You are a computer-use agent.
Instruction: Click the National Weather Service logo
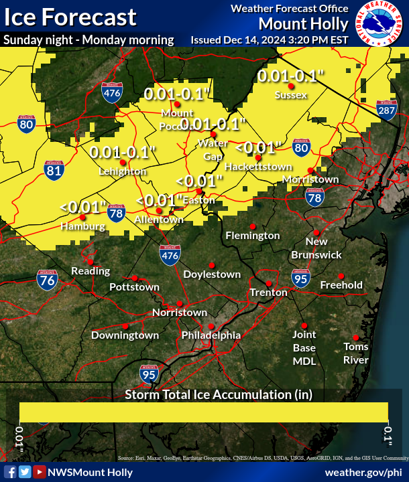pyautogui.click(x=379, y=25)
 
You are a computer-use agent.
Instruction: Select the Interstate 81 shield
pyautogui.click(x=54, y=170)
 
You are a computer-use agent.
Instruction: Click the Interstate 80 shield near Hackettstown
pyautogui.click(x=302, y=148)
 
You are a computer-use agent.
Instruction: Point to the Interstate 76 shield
pyautogui.click(x=47, y=280)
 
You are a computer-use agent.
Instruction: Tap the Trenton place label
pyautogui.click(x=268, y=293)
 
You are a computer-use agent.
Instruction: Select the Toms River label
pyautogui.click(x=356, y=353)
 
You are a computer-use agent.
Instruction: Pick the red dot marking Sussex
pyautogui.click(x=291, y=86)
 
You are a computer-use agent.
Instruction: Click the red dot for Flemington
pyautogui.click(x=253, y=226)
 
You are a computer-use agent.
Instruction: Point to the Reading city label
pyautogui.click(x=91, y=271)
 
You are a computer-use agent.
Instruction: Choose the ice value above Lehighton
pyautogui.click(x=123, y=152)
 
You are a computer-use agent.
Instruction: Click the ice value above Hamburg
pyautogui.click(x=83, y=207)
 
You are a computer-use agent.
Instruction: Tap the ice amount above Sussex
pyautogui.click(x=292, y=76)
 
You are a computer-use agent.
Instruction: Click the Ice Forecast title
pyautogui.click(x=69, y=17)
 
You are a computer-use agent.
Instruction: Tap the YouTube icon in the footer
pyautogui.click(x=40, y=472)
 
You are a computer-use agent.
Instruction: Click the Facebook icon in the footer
pyautogui.click(x=10, y=472)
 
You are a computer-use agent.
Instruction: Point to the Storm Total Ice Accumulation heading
pyautogui.click(x=219, y=394)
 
